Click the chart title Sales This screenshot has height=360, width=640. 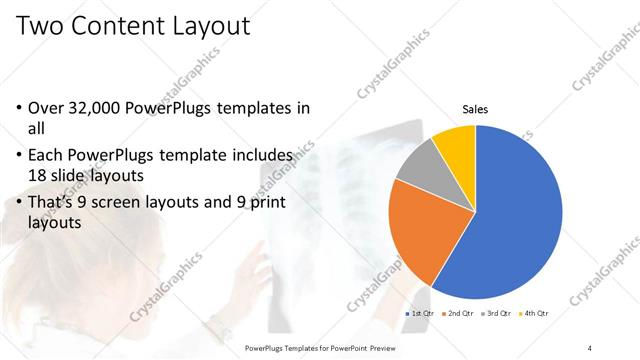(x=474, y=109)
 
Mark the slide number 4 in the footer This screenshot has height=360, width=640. (x=590, y=347)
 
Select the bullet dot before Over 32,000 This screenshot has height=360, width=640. (x=20, y=108)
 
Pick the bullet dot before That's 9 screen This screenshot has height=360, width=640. (x=20, y=204)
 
